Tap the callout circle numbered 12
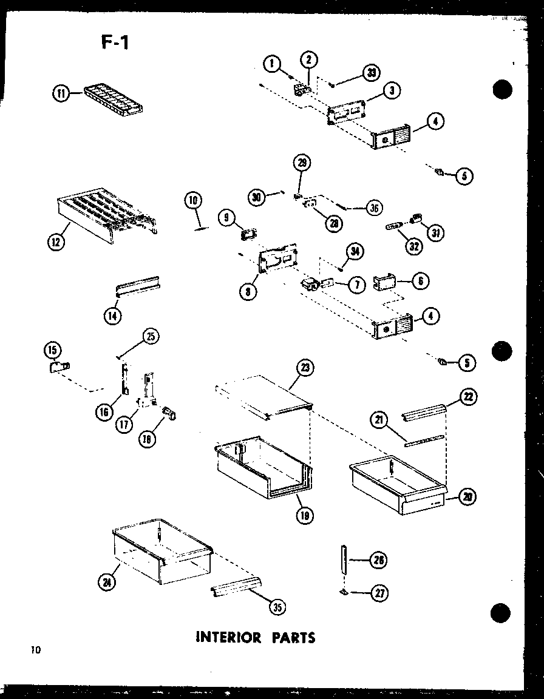56,241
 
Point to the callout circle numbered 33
371,73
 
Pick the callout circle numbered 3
392,90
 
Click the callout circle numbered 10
194,200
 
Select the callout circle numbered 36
375,208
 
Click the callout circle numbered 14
112,315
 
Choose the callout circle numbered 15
53,350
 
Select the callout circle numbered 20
467,498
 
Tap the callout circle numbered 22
468,397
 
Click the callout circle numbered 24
107,582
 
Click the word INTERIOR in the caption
229,637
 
